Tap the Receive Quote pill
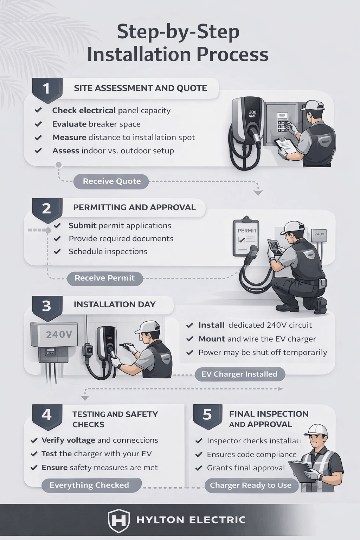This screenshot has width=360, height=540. (111, 181)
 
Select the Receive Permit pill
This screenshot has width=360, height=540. (104, 278)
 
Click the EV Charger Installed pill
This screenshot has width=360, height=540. (239, 374)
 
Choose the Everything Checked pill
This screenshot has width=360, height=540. (89, 485)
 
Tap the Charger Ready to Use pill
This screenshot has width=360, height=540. (251, 486)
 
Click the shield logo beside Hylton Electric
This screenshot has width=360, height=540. (118, 520)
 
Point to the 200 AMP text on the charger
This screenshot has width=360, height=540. (252, 114)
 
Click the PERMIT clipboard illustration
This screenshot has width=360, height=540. (246, 238)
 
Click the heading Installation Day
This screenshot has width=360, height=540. (115, 304)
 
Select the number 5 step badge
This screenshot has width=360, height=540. (207, 415)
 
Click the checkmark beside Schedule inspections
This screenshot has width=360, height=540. (57, 252)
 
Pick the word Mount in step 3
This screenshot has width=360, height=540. (212, 339)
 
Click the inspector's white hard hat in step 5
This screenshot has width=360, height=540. (316, 430)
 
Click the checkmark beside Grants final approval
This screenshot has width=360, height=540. (199, 468)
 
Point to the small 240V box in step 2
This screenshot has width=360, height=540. (319, 234)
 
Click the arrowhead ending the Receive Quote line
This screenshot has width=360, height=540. (258, 193)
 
